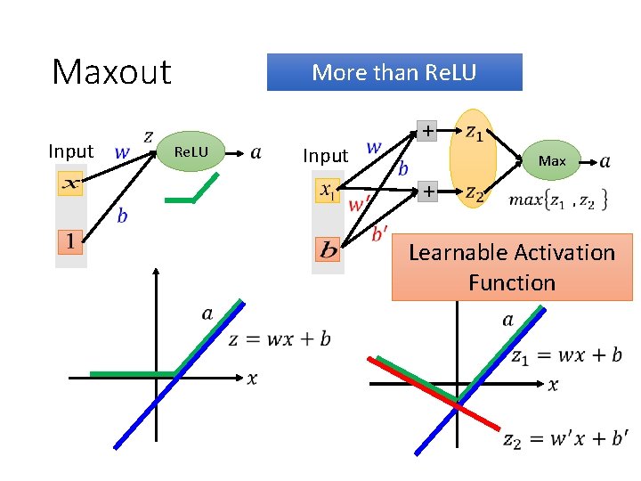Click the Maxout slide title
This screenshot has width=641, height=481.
click(x=111, y=72)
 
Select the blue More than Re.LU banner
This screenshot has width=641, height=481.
click(x=394, y=72)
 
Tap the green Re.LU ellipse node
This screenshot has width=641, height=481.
click(x=191, y=152)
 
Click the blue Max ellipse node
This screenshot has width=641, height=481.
click(x=552, y=160)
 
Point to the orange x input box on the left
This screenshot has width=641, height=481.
click(x=71, y=183)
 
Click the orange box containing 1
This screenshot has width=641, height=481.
click(x=71, y=240)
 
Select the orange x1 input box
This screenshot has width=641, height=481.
click(x=329, y=191)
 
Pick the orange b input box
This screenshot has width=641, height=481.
click(x=329, y=249)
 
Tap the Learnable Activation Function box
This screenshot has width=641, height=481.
click(x=512, y=268)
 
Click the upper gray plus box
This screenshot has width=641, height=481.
click(x=428, y=131)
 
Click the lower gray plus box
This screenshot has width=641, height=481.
click(x=428, y=192)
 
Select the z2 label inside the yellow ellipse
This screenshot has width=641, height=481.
click(x=475, y=193)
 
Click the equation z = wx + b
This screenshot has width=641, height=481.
click(x=280, y=339)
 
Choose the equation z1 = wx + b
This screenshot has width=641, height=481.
click(x=566, y=355)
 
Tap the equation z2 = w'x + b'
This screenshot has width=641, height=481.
click(x=564, y=438)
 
